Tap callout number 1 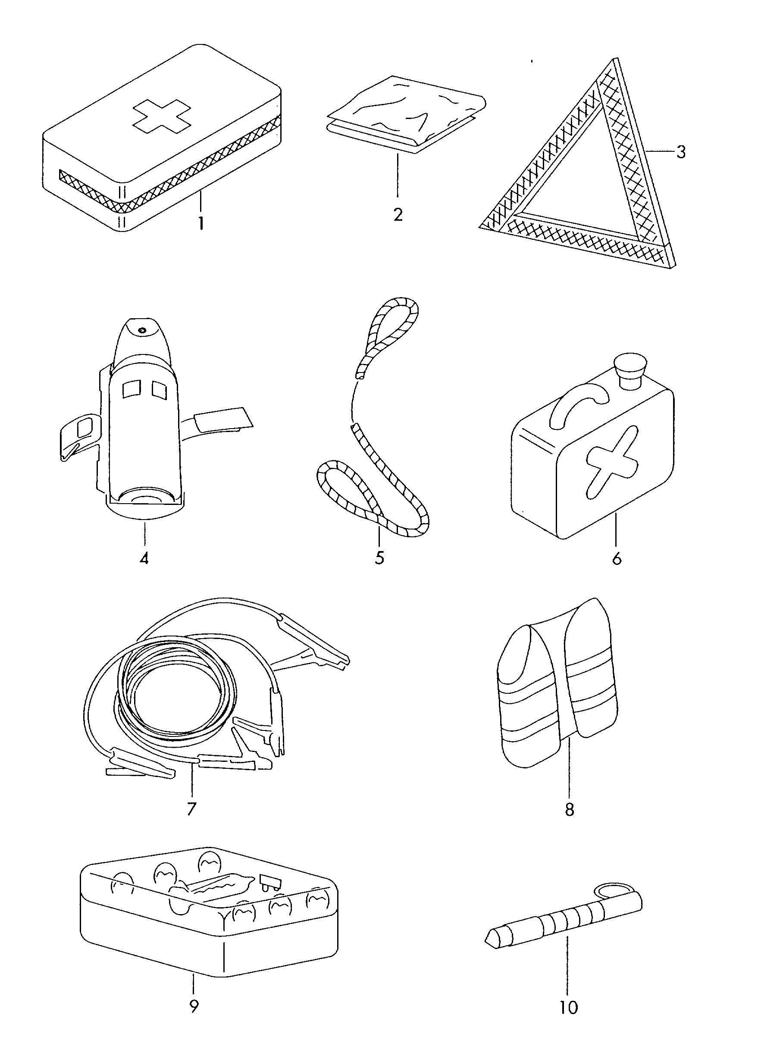click(x=201, y=223)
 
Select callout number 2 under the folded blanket click(x=398, y=214)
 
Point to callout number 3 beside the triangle click(x=681, y=152)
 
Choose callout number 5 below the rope click(x=379, y=558)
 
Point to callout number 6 click(x=617, y=559)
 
